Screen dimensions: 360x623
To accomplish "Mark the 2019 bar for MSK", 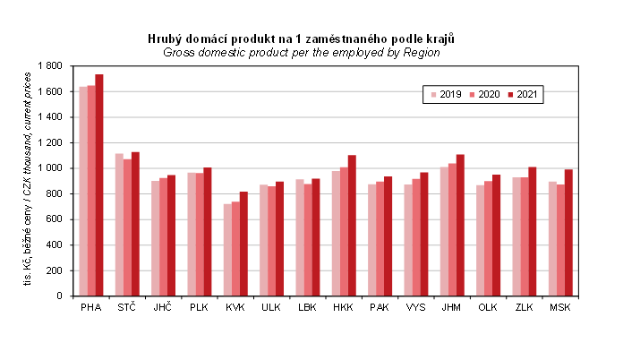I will (552, 238).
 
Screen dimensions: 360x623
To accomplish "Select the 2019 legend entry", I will (444, 94).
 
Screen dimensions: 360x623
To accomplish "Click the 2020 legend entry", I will (482, 94).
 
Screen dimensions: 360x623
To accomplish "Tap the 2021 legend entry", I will (521, 94).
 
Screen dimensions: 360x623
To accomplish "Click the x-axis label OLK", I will (488, 307).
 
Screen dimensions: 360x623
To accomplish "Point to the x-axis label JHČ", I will (163, 307).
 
